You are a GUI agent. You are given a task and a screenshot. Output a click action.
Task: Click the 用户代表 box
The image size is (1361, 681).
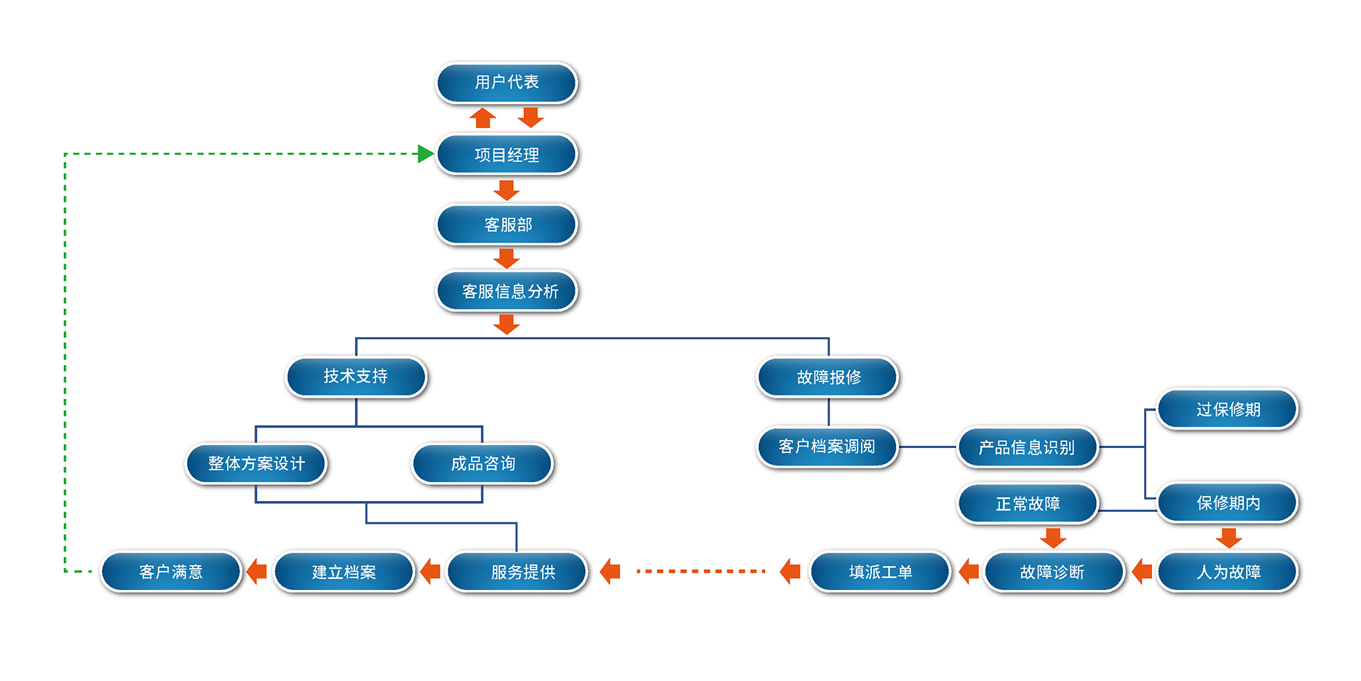point(507,82)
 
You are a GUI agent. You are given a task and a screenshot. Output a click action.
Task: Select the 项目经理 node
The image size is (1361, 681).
point(507,154)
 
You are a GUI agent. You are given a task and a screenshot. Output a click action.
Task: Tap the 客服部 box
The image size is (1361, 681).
point(507,224)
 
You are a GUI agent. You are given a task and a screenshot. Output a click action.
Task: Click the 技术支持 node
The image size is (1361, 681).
point(356,377)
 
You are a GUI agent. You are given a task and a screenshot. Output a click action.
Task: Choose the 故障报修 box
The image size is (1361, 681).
point(828,377)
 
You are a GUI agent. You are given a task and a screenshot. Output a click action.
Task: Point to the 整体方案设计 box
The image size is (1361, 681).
point(256,463)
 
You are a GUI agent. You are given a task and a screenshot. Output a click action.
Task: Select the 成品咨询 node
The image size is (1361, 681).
point(483,463)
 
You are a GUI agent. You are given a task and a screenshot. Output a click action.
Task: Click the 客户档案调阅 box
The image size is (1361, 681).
point(828,446)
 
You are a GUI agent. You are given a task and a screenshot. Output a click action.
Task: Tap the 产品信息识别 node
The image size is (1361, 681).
point(1027,447)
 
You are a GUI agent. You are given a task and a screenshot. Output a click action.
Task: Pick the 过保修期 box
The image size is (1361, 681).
point(1228,409)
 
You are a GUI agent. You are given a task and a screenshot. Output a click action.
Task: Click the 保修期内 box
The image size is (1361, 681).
point(1228,503)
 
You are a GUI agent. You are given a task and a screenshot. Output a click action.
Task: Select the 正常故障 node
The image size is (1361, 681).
point(1028,503)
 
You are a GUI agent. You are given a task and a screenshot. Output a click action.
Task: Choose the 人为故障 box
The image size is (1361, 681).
point(1228,572)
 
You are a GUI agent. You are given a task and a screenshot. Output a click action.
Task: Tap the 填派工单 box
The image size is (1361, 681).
point(880,572)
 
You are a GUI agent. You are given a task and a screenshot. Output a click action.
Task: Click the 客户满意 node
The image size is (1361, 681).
point(171,572)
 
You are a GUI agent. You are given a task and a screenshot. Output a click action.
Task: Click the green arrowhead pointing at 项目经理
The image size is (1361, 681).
point(426,154)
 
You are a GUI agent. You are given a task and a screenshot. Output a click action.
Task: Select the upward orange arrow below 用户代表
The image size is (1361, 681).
point(483,117)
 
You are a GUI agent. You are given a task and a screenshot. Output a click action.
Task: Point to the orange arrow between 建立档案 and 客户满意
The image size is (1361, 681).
point(257,572)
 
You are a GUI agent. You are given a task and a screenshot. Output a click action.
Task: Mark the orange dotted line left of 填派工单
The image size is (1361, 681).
point(700,572)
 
